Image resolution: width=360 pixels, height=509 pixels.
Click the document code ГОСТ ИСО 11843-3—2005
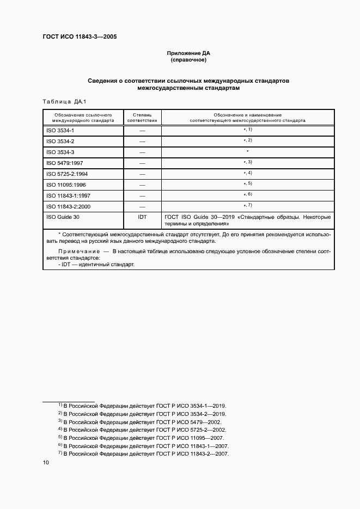[80, 37]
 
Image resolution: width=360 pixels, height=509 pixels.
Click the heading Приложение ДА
[188, 53]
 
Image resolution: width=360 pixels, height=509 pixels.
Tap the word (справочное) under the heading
[188, 60]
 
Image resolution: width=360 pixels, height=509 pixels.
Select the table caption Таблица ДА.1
[64, 102]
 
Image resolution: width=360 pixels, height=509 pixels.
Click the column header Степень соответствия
[142, 118]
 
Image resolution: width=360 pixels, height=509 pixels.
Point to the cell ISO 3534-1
[60, 131]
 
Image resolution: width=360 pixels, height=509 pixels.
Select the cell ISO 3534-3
[60, 152]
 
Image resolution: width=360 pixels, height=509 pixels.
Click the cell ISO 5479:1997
[64, 163]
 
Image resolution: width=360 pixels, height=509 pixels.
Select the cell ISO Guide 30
[62, 216]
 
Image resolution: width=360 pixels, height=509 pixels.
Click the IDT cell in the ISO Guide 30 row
[142, 216]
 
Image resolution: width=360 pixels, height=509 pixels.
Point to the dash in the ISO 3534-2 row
[142, 142]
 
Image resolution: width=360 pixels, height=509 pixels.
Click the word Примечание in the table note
[76, 252]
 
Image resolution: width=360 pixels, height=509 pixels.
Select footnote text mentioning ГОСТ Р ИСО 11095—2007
[144, 438]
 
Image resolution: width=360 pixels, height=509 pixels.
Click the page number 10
[46, 463]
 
